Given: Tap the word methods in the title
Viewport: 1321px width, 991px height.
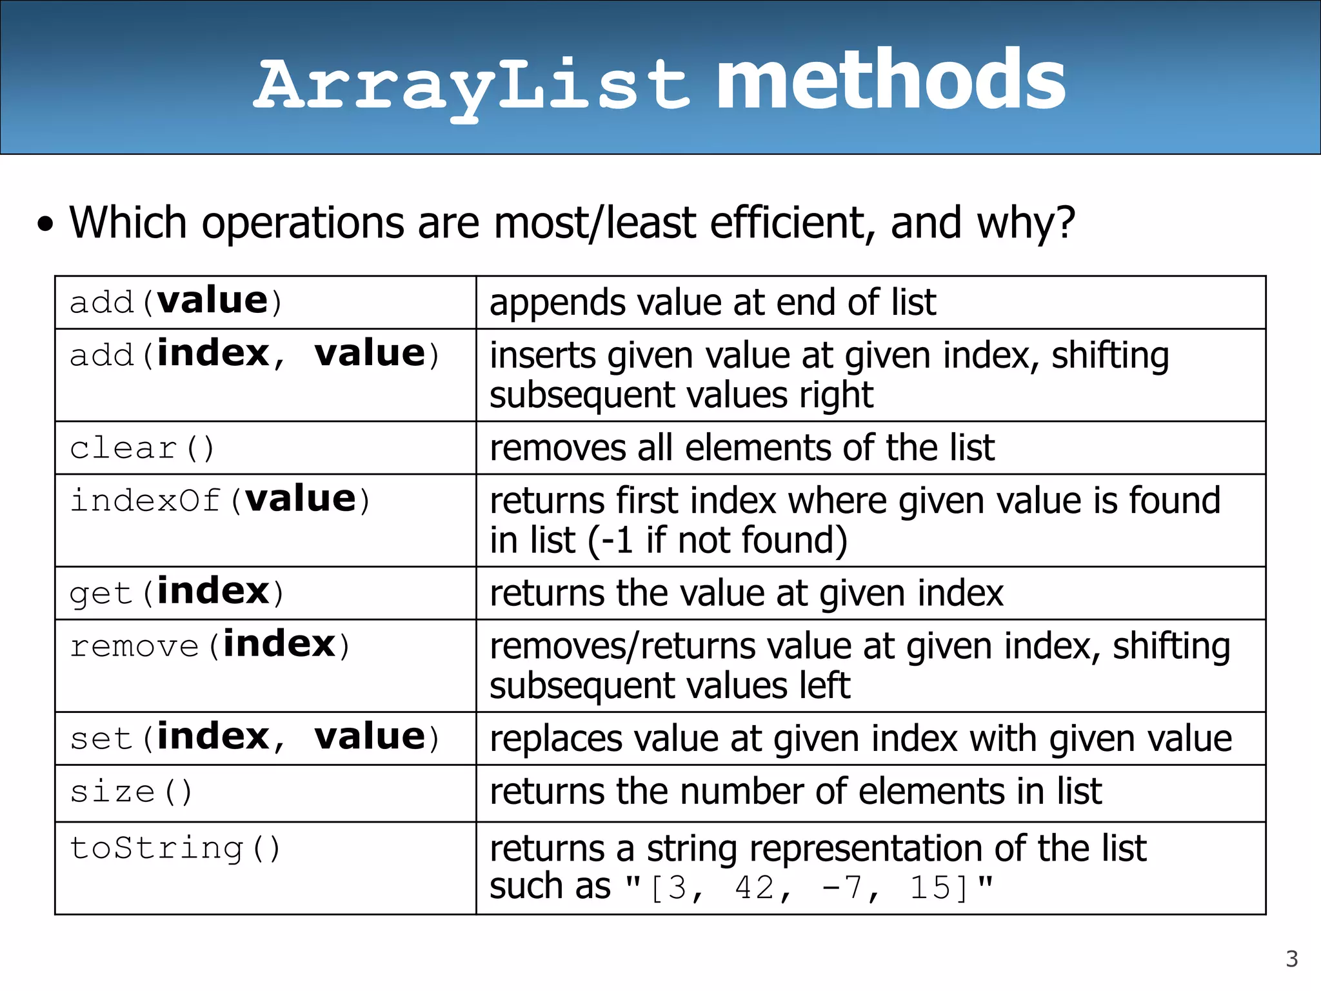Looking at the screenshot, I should (890, 81).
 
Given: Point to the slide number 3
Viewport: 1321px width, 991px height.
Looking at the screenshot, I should (1291, 959).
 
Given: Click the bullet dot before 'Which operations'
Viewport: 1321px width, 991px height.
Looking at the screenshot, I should (45, 225).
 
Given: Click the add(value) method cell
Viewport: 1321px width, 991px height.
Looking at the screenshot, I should (175, 302).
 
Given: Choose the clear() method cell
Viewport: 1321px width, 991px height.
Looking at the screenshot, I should (142, 448).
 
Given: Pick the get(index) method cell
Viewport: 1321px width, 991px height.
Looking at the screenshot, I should (175, 592).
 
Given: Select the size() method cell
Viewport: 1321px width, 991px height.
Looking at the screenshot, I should (131, 792).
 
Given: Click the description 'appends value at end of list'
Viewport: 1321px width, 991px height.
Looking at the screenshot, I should (712, 302).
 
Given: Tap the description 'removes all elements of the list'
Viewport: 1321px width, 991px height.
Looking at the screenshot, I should (742, 448).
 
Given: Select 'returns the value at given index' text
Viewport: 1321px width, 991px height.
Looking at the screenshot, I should (746, 593).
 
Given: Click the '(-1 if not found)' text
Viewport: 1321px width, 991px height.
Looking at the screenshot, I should (717, 540).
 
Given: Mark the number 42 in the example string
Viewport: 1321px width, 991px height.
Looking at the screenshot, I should (755, 888).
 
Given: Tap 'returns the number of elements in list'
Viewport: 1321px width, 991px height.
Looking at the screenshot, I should (795, 792).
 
